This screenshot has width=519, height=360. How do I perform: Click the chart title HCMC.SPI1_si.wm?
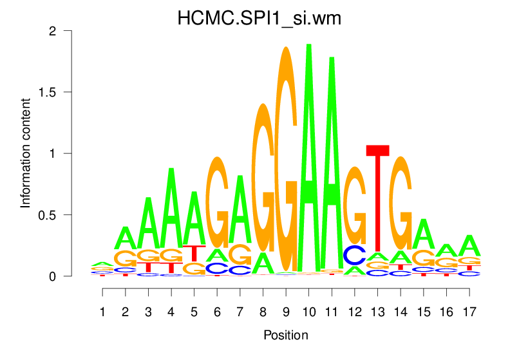(259, 19)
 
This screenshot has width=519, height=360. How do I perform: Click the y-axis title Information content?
(26, 153)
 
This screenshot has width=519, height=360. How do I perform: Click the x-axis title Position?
(286, 336)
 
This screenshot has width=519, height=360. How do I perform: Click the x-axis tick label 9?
(286, 312)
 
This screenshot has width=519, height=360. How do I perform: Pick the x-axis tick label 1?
(102, 312)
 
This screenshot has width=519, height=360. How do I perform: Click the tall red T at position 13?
(378, 200)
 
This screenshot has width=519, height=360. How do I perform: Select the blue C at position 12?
(355, 255)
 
